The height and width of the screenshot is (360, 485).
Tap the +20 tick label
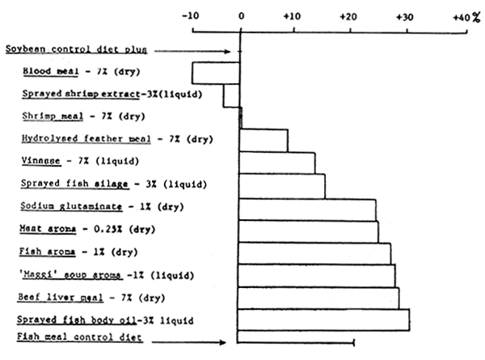pos(348,15)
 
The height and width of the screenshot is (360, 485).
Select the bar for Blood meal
pos(215,72)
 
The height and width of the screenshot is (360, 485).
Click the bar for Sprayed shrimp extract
pos(231,95)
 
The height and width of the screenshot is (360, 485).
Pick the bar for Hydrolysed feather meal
pos(264,140)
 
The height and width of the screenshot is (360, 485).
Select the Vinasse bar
pos(277,163)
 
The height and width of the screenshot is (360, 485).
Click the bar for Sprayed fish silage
pos(282,185)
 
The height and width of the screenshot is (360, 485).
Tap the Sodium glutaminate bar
pos(307,209)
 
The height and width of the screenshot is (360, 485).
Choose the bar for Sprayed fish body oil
pos(324,320)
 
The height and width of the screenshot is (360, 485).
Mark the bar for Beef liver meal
pos(318,298)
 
